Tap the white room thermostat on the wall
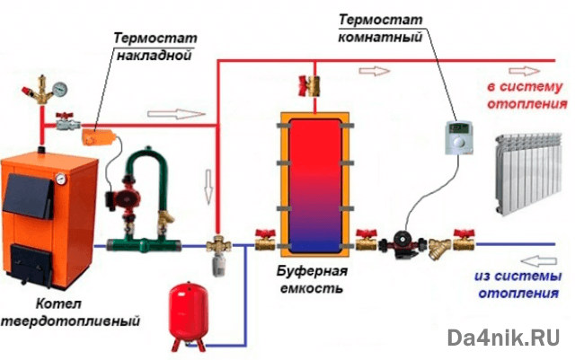point(460,139)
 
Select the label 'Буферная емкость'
point(308,280)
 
